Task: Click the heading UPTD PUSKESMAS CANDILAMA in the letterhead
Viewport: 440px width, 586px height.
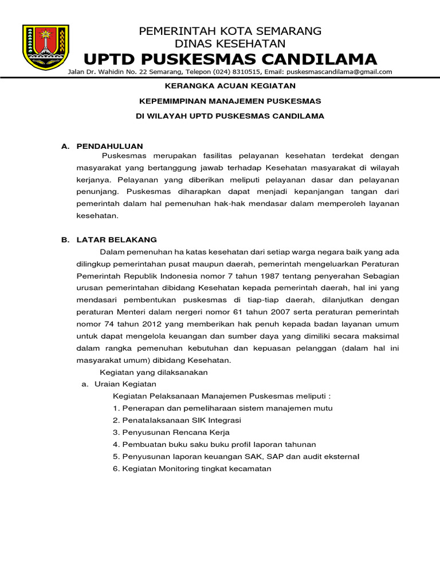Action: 230,59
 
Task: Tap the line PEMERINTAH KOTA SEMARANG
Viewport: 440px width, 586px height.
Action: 230,31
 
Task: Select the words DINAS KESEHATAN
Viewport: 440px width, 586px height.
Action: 230,43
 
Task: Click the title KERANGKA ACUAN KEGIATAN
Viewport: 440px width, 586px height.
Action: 230,86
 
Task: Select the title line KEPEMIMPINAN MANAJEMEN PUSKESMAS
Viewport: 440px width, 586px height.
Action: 230,101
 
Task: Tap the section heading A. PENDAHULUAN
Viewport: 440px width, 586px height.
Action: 102,146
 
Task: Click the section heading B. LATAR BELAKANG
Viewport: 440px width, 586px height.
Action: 109,240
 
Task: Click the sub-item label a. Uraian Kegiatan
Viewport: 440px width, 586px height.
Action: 119,384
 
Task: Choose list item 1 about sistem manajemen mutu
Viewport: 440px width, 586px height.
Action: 222,408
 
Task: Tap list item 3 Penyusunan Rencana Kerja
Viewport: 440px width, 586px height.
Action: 171,432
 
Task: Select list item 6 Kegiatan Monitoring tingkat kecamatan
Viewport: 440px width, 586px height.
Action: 192,468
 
